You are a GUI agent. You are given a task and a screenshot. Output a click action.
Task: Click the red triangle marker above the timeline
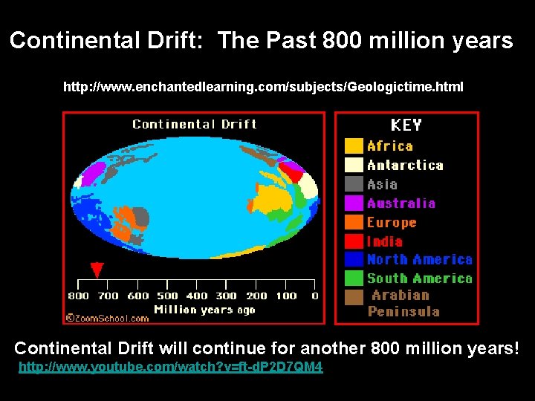coord(97,270)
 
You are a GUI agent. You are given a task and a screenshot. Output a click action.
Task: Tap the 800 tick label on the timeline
coord(79,296)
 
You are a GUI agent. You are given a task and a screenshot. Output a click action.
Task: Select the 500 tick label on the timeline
coord(167,296)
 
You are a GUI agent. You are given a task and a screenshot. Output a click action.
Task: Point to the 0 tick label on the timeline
coord(314,296)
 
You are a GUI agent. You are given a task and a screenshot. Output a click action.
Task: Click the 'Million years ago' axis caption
coord(204,310)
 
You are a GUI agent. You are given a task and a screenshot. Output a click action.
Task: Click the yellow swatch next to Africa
coord(354,146)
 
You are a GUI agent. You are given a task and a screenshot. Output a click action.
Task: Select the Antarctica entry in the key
coord(404,166)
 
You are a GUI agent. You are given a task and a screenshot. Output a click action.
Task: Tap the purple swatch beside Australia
coord(354,203)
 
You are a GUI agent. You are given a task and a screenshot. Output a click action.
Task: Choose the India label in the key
coord(384,241)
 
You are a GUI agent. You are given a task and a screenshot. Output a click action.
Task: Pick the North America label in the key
coord(419,260)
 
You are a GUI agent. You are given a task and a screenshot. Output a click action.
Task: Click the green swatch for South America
coord(354,278)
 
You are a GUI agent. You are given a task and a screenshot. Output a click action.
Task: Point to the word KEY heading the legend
coord(406,125)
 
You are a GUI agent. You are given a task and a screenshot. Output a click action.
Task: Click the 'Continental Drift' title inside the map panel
coord(195,124)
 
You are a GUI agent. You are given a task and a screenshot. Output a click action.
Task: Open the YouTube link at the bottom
coord(171,368)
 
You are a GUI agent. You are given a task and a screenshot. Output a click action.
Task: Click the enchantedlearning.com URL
coord(263,88)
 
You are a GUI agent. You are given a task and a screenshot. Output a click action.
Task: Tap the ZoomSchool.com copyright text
coord(107,318)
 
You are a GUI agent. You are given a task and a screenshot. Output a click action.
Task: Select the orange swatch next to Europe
coord(354,222)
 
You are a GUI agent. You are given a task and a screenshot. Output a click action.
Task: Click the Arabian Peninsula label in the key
coord(404,303)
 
